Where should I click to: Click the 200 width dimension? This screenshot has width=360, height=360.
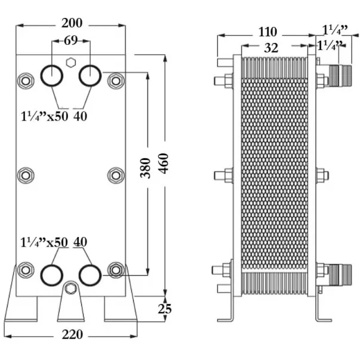(x=71, y=23)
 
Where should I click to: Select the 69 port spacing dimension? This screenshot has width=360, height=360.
(x=70, y=41)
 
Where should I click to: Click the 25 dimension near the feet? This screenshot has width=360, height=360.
(x=165, y=309)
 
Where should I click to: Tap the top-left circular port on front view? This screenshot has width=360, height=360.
(x=52, y=76)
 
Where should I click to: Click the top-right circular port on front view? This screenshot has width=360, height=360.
(x=90, y=76)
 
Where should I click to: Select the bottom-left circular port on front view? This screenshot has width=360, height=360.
(x=52, y=275)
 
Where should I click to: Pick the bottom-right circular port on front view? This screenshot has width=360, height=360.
(x=90, y=275)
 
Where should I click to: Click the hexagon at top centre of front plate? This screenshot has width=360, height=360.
(x=71, y=61)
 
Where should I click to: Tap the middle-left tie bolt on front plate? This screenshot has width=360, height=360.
(x=25, y=175)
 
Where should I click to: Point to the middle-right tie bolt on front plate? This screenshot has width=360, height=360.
(x=116, y=175)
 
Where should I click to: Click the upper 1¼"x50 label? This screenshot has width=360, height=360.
(x=44, y=116)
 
